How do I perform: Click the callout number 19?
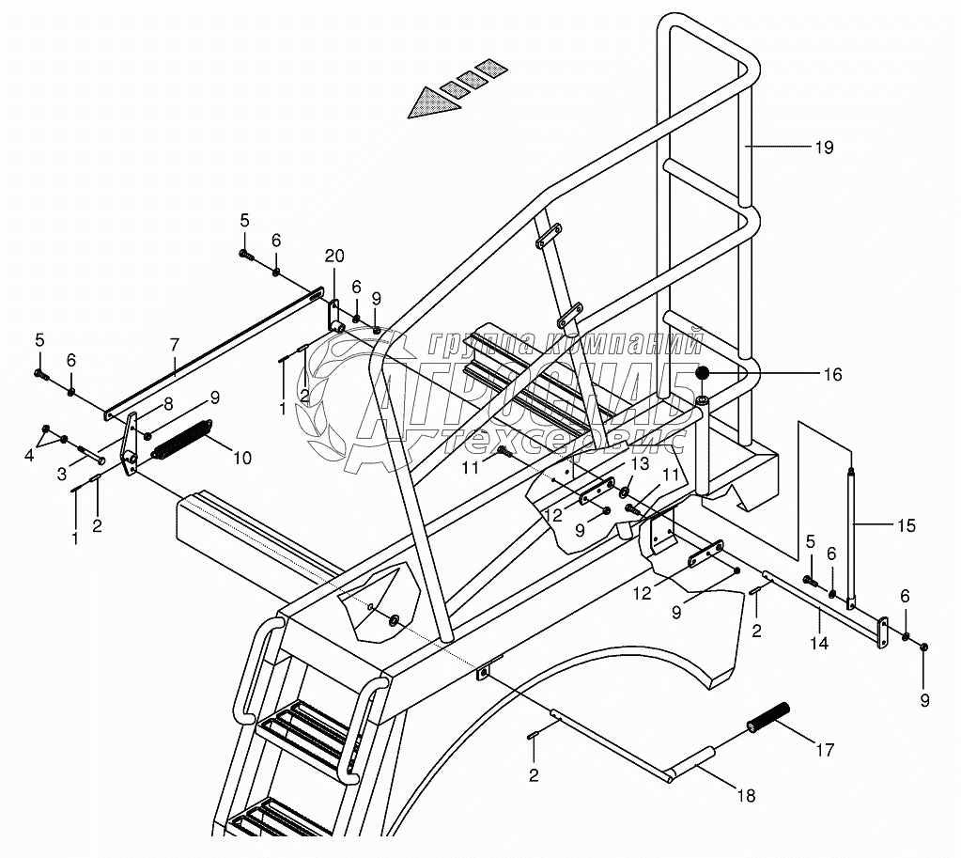pos(824,148)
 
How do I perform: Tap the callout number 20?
pos(334,257)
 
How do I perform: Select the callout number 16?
pos(832,374)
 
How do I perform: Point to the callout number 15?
pos(905,525)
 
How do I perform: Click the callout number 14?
pos(820,643)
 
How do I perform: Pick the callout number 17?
pos(824,750)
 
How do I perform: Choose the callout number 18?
pos(745,796)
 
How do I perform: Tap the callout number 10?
pos(242,459)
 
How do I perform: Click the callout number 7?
pos(175,345)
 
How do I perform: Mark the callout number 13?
pos(639,463)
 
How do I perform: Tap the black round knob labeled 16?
pos(701,374)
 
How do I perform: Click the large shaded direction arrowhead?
pos(434,101)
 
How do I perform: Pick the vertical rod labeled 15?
pos(852,536)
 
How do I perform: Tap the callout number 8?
pos(169,404)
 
